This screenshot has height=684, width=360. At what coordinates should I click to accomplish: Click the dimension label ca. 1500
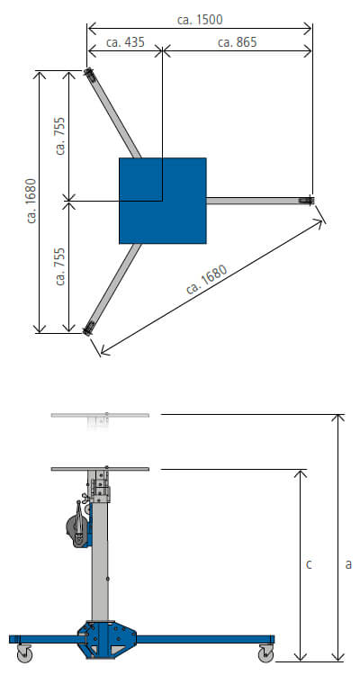[200, 20]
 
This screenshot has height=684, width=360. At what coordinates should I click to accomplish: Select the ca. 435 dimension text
[125, 42]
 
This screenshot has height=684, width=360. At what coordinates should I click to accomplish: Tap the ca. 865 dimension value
[237, 42]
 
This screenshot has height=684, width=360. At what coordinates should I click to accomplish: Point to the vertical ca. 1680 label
[31, 201]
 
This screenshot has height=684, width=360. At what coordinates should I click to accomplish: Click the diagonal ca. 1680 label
[207, 280]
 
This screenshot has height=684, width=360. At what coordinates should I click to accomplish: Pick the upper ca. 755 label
[60, 136]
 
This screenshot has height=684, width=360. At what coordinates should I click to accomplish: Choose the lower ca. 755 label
[60, 266]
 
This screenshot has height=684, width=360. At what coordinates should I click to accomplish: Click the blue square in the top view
[163, 201]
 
